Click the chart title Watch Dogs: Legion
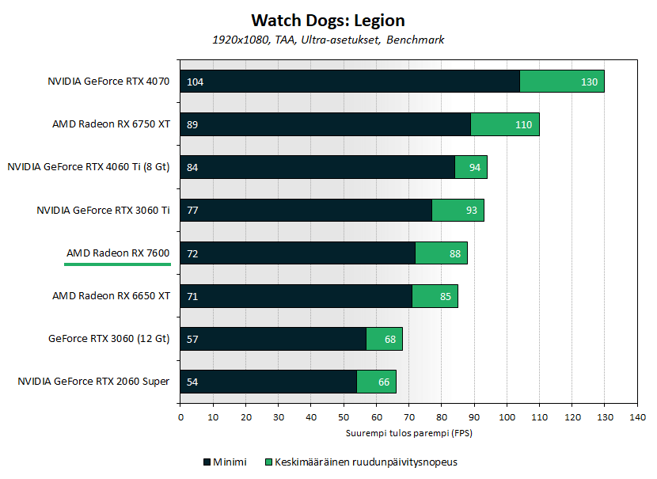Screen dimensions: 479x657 click(x=328, y=20)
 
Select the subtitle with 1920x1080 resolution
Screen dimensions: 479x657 click(x=328, y=40)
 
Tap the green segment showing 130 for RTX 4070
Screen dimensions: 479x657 click(x=562, y=82)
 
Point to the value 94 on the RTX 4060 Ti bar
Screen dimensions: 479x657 click(x=474, y=167)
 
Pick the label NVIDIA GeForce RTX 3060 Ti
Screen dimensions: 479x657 click(x=103, y=210)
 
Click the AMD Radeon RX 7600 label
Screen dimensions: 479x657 click(x=118, y=253)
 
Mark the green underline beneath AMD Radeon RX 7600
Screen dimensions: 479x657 click(x=118, y=264)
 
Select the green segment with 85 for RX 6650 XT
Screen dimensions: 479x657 click(x=435, y=296)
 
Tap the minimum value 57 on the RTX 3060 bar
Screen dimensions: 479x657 click(x=192, y=339)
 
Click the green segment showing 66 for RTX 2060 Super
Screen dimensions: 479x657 click(x=377, y=382)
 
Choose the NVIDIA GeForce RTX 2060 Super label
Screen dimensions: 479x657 click(x=93, y=382)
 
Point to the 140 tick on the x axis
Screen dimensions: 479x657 click(x=636, y=417)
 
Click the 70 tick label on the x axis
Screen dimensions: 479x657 click(x=408, y=417)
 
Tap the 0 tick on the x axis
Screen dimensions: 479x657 click(x=180, y=417)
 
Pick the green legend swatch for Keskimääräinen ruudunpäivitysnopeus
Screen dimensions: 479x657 click(x=269, y=462)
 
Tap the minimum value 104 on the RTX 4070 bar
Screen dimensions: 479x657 click(x=195, y=82)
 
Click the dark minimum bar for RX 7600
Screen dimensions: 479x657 click(x=301, y=253)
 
